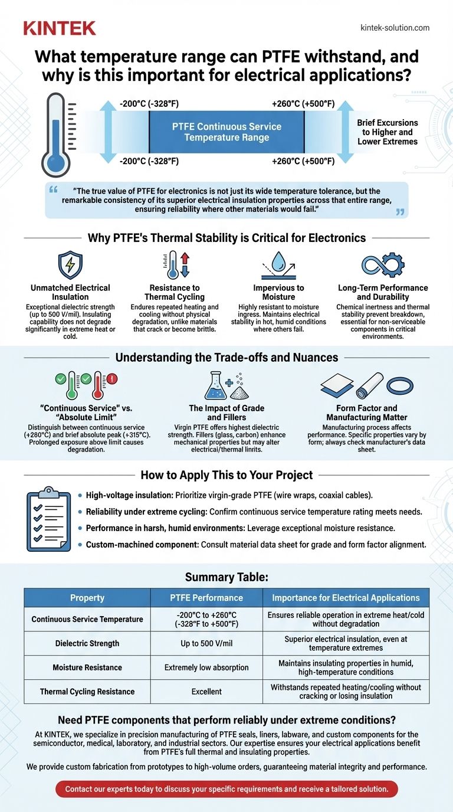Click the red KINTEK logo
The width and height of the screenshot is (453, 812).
point(60,27)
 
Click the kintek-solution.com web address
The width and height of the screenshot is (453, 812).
point(395,28)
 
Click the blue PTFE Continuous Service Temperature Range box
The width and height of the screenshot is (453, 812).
point(226,132)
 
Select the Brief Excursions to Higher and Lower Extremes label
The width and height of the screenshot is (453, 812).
point(387,132)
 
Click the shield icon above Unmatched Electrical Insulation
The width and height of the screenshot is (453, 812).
point(70,265)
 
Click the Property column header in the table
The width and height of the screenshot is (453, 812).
point(87,598)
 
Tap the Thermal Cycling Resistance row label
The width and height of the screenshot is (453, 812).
point(87,692)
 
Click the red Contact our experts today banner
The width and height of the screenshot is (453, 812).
point(227,788)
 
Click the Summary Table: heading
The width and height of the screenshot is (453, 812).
point(226,577)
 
